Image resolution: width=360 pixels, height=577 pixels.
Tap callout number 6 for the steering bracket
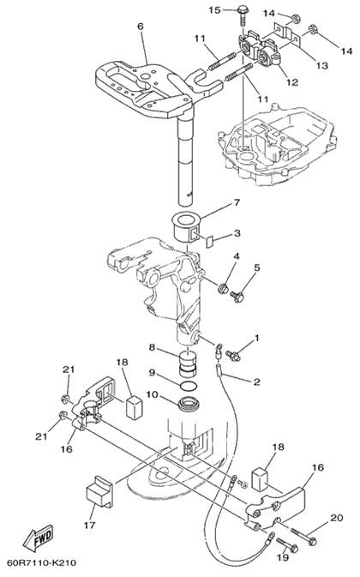coord(140,27)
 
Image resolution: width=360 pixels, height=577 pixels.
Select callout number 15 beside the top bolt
coord(215,10)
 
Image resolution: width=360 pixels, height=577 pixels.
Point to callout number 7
coord(237,202)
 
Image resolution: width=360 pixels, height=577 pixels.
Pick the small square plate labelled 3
coord(209,243)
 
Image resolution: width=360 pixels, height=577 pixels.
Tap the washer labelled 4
coord(223,289)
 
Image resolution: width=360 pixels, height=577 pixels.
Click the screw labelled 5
coord(237,296)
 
